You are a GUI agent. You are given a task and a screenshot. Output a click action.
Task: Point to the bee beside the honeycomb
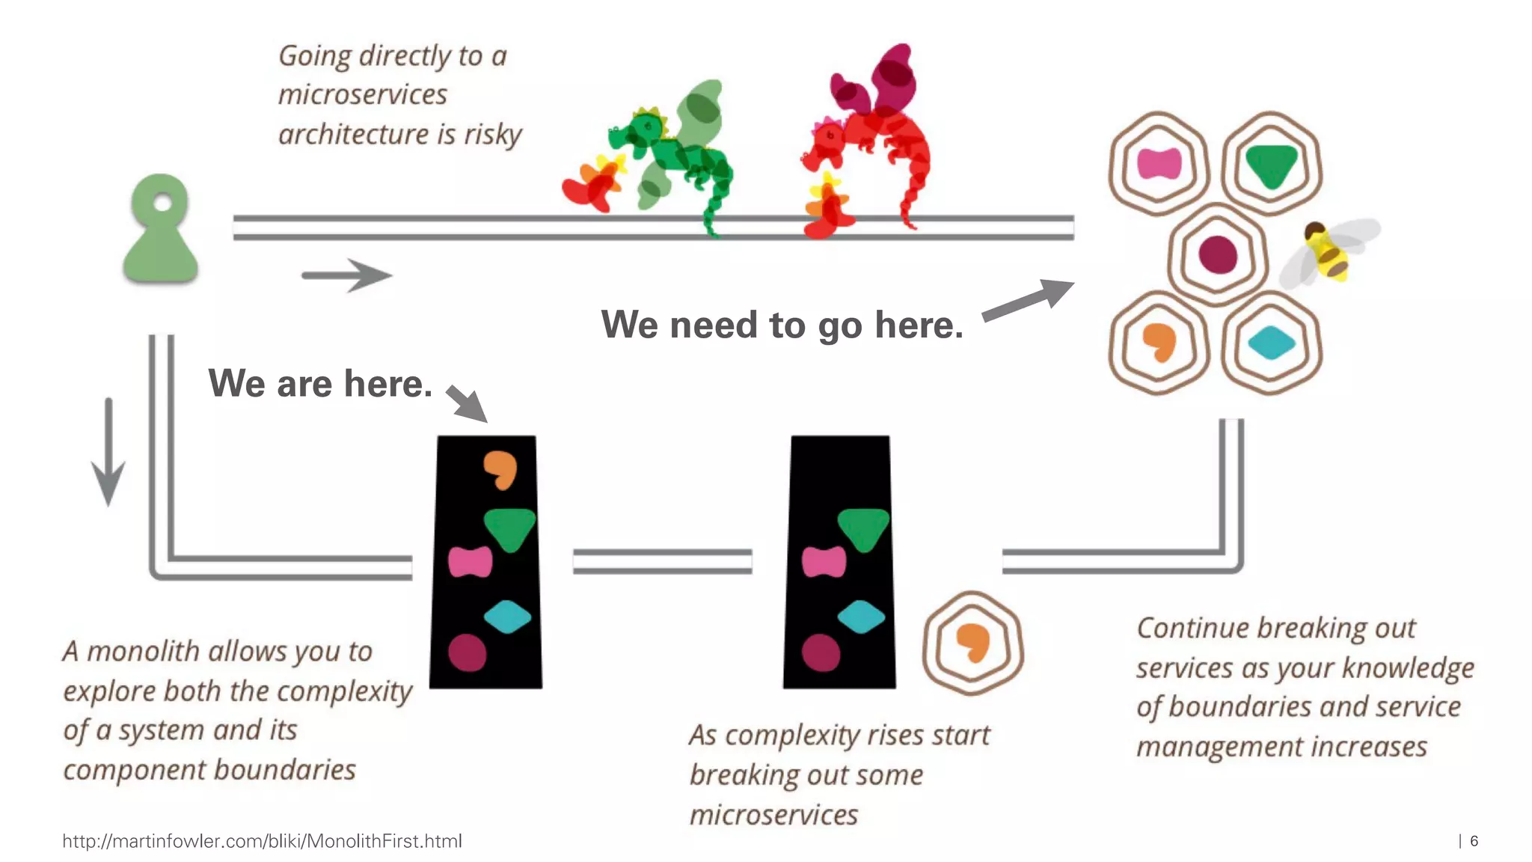coord(1329,251)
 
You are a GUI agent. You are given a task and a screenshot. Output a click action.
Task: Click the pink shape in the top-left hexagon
coord(1159,164)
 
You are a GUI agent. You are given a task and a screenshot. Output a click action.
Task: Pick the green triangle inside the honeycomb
coord(1271,164)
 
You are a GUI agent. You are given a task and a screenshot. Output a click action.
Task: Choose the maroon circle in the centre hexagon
coord(1217,254)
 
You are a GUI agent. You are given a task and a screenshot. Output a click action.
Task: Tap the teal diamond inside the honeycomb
coord(1271,343)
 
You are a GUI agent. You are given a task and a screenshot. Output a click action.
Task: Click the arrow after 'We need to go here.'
coord(1029,299)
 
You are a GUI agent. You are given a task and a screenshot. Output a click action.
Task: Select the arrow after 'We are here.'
coord(468,404)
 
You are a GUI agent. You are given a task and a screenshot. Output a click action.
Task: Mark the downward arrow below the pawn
coord(108,453)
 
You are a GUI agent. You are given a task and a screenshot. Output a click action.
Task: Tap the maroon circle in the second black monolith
coord(821,652)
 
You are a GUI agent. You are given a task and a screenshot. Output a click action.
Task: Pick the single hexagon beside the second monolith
coord(972,643)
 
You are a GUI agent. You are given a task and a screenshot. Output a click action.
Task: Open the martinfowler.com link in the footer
coord(262,841)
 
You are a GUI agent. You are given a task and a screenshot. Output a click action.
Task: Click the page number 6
coord(1474,841)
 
